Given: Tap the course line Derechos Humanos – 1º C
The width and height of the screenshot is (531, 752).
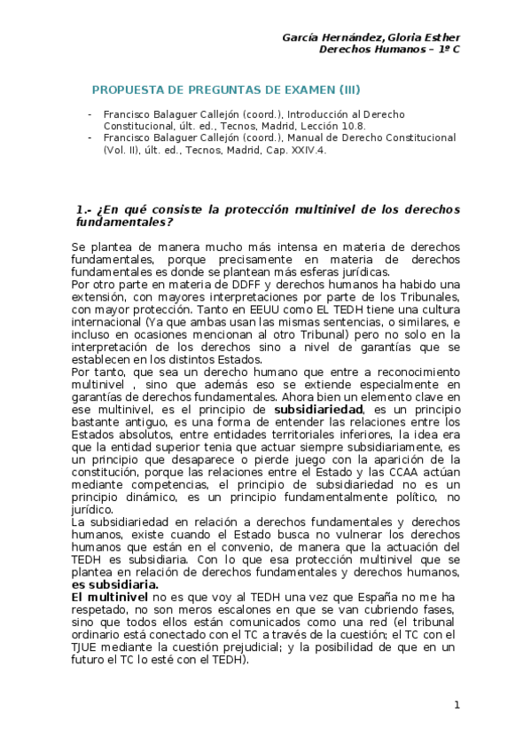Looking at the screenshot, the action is [389, 49].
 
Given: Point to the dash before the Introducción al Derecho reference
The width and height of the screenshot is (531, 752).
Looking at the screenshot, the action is [89, 115].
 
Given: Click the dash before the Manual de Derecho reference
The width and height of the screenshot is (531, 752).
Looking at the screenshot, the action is [89, 138].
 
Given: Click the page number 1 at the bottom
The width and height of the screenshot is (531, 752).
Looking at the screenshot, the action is [457, 704].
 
